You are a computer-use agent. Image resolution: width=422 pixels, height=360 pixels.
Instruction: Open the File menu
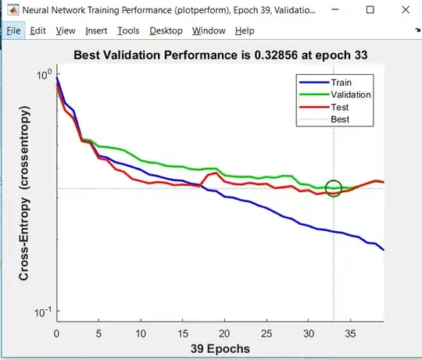tap(13, 30)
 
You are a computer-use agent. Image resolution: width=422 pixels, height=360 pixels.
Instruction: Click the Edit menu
tap(38, 30)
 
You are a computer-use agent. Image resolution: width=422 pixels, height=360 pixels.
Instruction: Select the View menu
tap(66, 30)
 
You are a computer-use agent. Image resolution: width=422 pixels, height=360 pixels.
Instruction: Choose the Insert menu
tap(96, 30)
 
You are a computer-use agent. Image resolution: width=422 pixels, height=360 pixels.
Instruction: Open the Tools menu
tap(128, 30)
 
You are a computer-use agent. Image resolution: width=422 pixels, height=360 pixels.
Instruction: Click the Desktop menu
tap(165, 30)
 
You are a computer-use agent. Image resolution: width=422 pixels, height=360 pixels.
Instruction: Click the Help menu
tap(245, 30)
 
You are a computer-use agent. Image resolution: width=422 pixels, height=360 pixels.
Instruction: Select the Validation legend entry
tap(351, 94)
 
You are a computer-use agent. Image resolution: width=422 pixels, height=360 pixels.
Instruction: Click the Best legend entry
tap(340, 119)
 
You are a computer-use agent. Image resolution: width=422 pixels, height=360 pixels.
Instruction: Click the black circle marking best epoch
tap(334, 188)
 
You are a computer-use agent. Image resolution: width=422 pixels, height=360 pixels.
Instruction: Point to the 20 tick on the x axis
tap(224, 332)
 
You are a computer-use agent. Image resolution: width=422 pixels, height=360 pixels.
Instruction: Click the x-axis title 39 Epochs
tap(220, 348)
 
